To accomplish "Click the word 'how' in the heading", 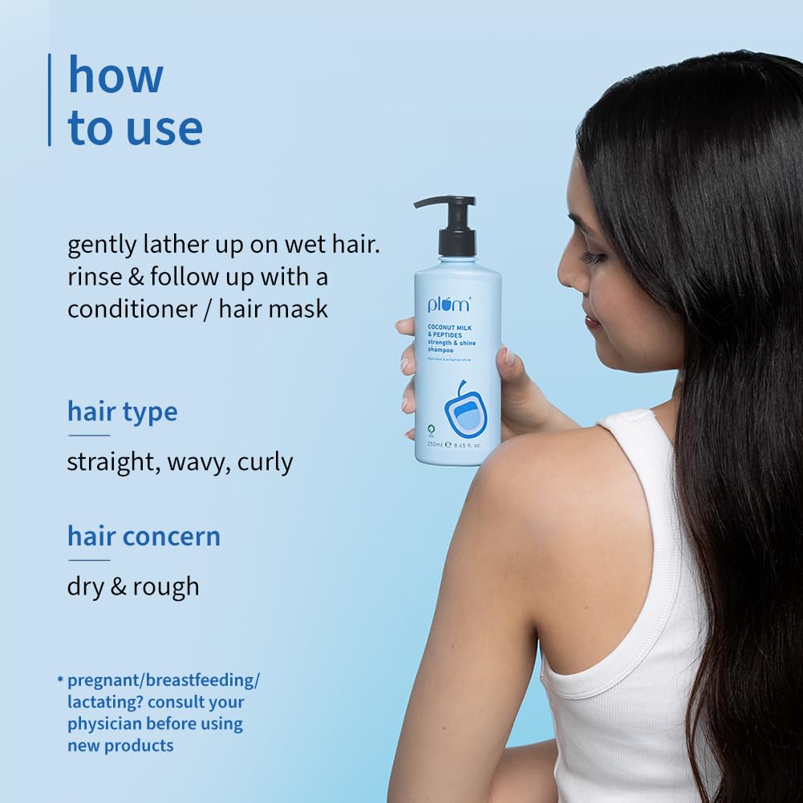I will pos(116,75).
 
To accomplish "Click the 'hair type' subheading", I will pos(122,412).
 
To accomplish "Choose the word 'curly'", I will pos(265,463).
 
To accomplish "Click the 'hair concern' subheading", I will pos(144,536).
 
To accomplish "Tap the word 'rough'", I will pos(165,586).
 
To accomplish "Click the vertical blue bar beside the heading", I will pos(50,99).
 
